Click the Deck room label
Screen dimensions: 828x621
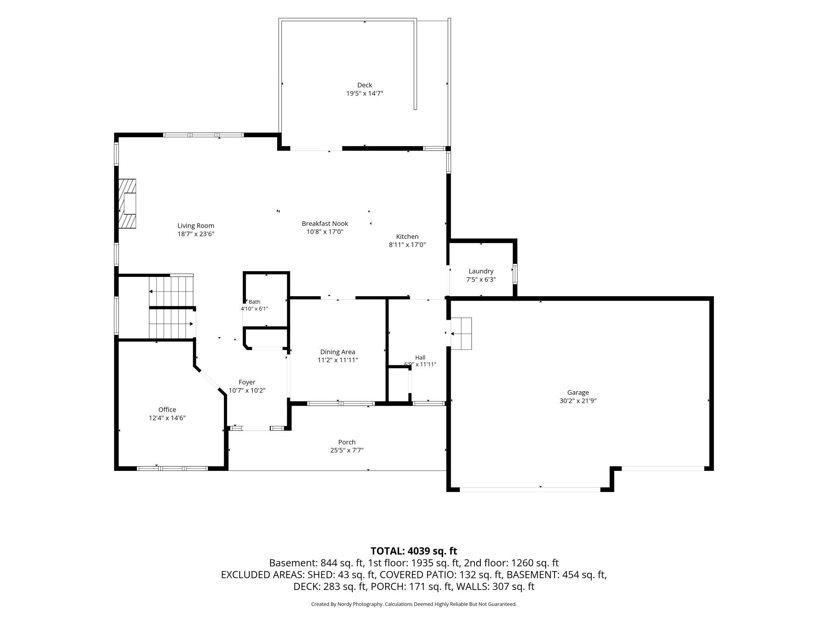tap(365, 85)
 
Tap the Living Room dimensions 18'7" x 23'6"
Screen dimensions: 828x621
tap(196, 234)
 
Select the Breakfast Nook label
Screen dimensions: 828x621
tap(325, 223)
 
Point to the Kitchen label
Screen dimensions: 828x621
tap(407, 236)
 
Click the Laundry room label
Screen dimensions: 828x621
tap(481, 271)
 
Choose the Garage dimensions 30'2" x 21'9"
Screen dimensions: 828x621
tap(578, 401)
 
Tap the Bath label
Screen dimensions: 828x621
tap(254, 302)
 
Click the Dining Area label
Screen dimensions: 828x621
tap(338, 352)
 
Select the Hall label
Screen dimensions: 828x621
tap(420, 357)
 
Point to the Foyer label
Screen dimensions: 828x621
tap(247, 382)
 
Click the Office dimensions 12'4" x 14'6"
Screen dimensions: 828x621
tap(167, 418)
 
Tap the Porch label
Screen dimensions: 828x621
tap(347, 442)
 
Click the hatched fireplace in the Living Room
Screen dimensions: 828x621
tap(127, 203)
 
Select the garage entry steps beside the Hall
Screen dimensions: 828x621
tap(461, 334)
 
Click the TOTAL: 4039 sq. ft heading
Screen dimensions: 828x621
tap(414, 551)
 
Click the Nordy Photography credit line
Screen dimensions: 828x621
tap(414, 604)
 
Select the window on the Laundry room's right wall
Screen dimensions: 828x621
tap(515, 274)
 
